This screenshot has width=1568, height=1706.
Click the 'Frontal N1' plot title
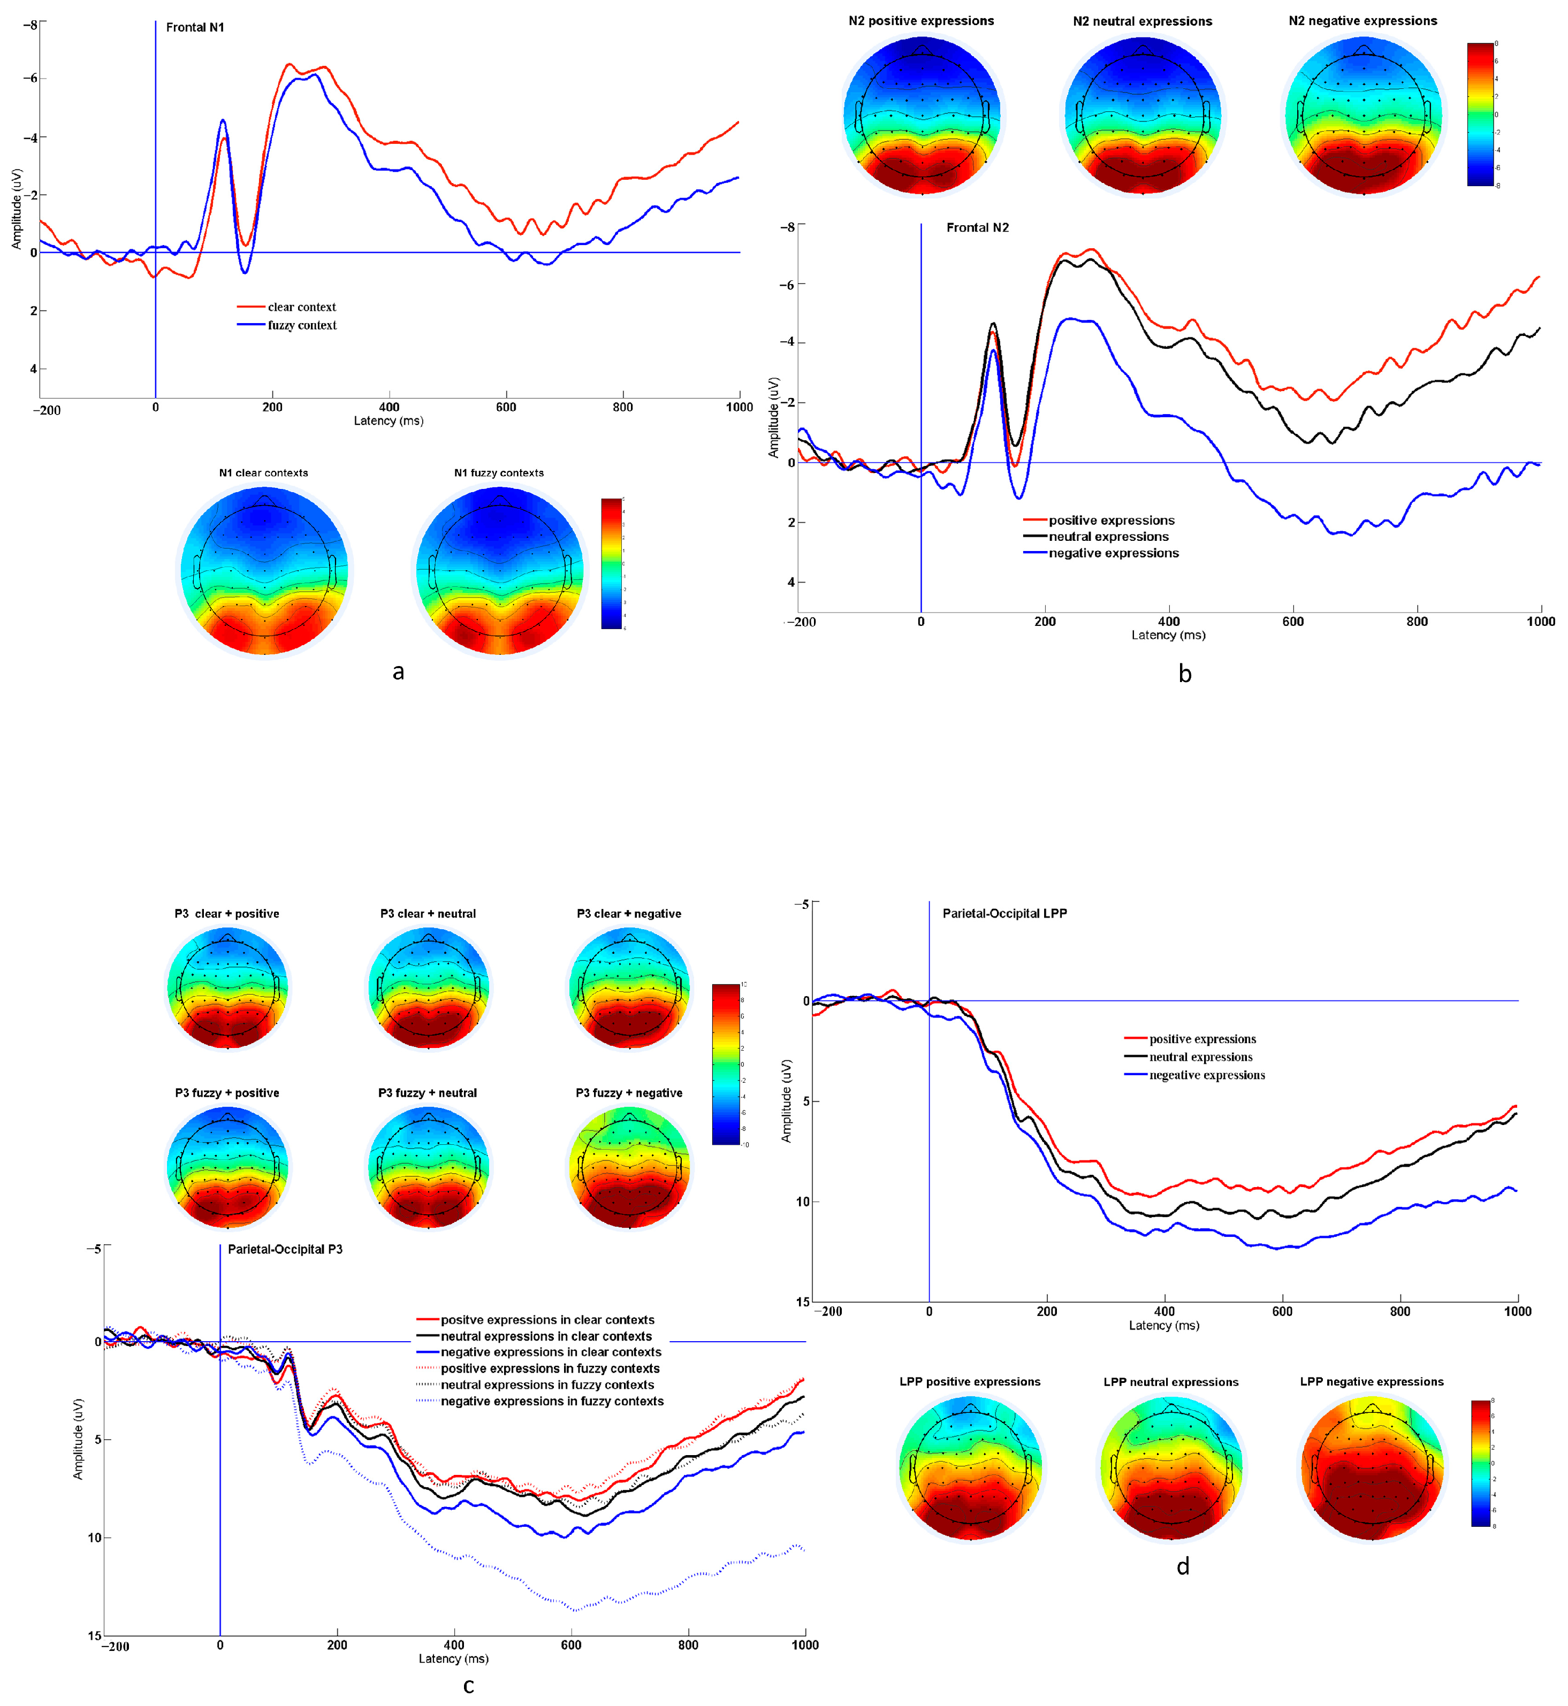[195, 28]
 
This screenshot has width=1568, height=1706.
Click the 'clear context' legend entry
[302, 307]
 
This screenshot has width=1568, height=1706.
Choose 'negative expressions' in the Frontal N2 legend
[1113, 553]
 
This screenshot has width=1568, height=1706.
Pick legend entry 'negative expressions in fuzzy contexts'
[552, 1402]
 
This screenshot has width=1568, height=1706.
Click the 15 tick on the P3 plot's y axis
[94, 1635]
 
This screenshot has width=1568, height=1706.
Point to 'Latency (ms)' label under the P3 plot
[453, 1658]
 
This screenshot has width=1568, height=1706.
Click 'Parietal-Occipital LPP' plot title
[1004, 914]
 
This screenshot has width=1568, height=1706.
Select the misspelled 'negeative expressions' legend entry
[1207, 1076]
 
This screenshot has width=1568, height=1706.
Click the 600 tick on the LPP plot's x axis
[1282, 1312]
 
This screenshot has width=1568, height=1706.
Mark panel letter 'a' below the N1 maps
[398, 672]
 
